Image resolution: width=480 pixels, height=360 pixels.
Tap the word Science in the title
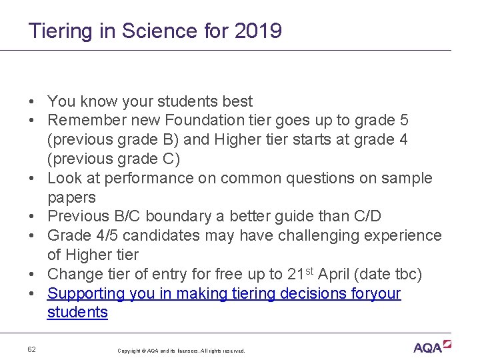[x=147, y=31]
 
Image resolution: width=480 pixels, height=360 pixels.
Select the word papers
[x=71, y=198]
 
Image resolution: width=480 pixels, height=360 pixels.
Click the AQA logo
[x=431, y=347]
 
